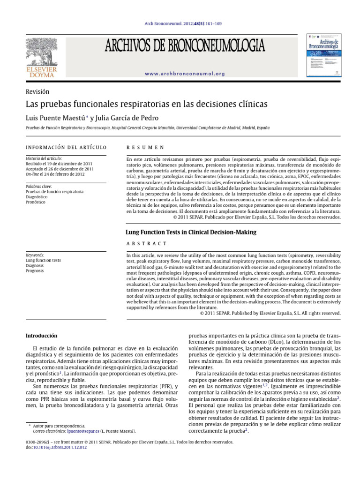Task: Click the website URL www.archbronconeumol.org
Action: pyautogui.click(x=185, y=74)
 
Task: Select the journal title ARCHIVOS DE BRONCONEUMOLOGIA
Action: pyautogui.click(x=185, y=46)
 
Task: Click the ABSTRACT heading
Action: pyautogui.click(x=146, y=243)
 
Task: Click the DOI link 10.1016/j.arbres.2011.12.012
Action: pyautogui.click(x=60, y=448)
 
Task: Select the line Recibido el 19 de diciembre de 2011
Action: pyautogui.click(x=59, y=164)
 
